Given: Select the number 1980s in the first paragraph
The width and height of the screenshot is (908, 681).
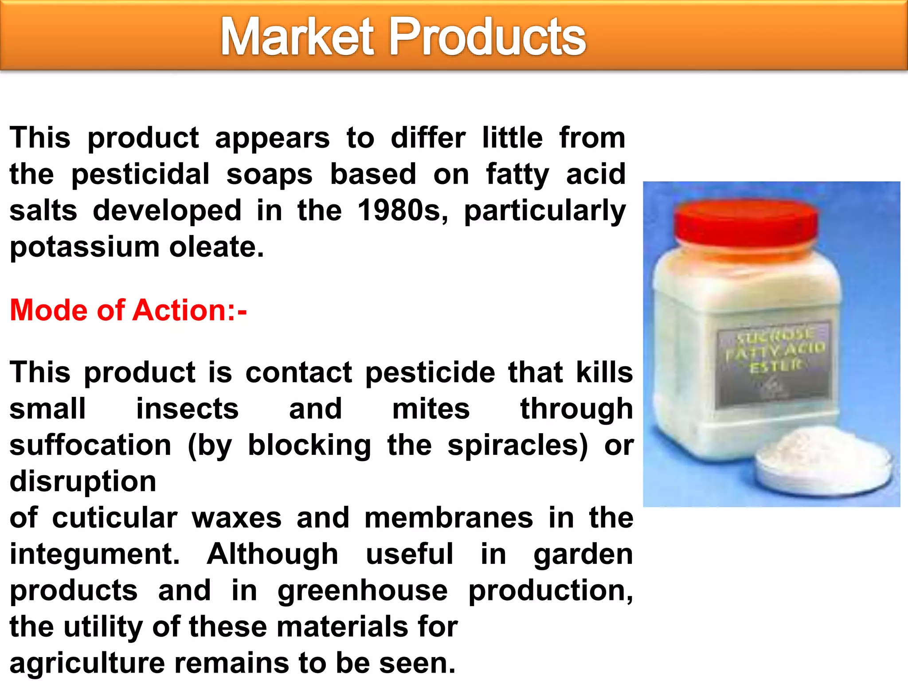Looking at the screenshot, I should tap(403, 210).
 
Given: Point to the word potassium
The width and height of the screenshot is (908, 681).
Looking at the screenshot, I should tap(84, 247).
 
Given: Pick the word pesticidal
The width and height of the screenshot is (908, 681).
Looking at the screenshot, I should tap(141, 174).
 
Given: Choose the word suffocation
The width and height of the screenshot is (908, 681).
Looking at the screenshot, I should tap(90, 445).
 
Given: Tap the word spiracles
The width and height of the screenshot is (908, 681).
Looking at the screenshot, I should tap(517, 445).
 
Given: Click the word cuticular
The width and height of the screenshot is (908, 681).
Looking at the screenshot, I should tap(115, 518).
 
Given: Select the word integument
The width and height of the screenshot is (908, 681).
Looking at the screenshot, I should tap(94, 554).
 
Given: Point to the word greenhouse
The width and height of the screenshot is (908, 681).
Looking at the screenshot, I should tap(363, 591).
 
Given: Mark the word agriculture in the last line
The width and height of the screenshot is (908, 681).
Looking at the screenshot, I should tap(87, 663).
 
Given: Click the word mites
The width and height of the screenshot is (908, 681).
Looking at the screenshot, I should tap(431, 409).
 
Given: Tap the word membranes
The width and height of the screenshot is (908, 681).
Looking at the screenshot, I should tap(449, 518).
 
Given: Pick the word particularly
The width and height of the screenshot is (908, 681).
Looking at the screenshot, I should tap(545, 211).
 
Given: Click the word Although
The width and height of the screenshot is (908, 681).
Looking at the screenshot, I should tap(272, 554).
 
